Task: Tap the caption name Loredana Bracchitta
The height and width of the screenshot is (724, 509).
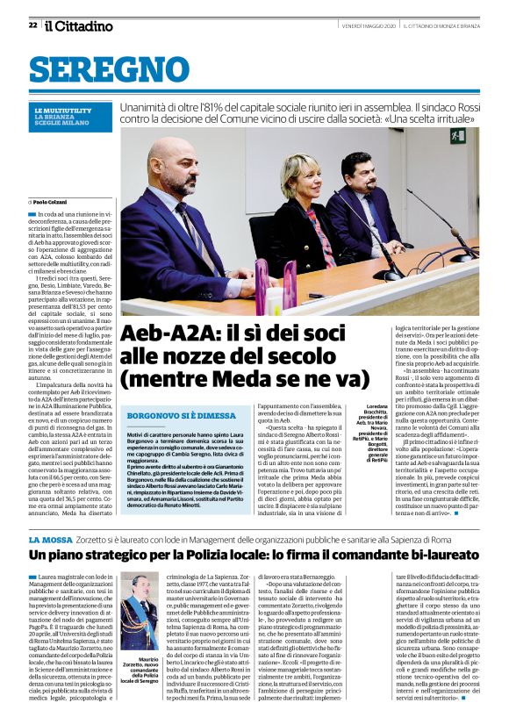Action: pyautogui.click(x=361, y=412)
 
